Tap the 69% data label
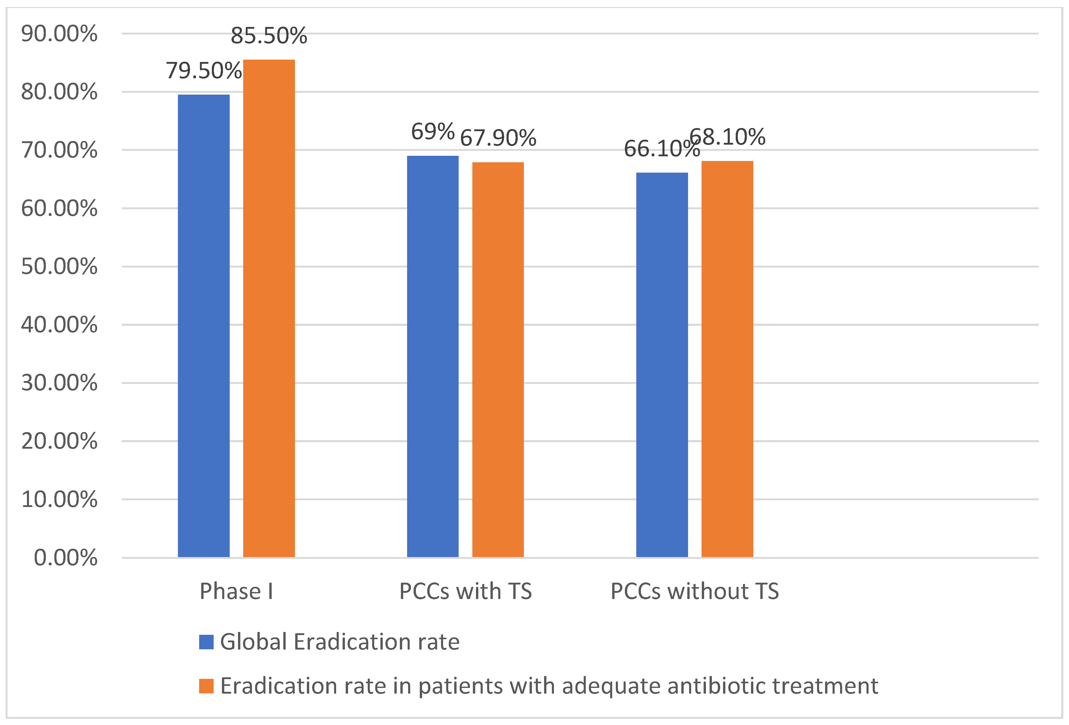(432, 132)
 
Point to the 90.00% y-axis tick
(59, 34)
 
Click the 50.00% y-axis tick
(59, 266)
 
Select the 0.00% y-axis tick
(65, 558)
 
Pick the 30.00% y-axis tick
(59, 383)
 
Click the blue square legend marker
(206, 642)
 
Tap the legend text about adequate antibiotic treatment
(549, 686)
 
